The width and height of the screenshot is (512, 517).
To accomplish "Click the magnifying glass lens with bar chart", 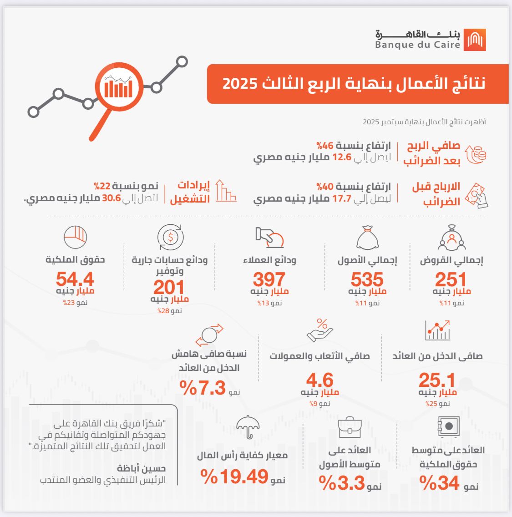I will coord(118,86).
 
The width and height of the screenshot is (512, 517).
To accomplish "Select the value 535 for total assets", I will coord(367,279).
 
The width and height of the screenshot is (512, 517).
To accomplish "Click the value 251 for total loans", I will coord(451,279).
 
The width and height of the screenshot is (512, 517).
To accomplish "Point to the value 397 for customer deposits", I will coord(269,279).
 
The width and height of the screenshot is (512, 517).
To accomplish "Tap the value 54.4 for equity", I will coord(75,279).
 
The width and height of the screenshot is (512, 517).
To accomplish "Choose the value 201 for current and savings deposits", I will coord(169,287).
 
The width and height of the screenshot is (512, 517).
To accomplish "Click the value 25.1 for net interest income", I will coord(437,380).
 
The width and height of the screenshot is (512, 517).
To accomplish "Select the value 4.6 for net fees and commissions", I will coord(319,380).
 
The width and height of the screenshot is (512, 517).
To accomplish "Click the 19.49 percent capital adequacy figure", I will coord(235,476).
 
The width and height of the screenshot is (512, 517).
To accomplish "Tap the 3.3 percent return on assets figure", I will coord(342,483).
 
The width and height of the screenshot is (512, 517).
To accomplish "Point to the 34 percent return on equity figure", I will coord(440,483).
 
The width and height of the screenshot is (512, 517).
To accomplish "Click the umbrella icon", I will coord(248,427).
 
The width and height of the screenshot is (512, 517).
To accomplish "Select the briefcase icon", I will coord(350,427).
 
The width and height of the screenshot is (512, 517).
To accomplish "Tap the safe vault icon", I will coord(448,426).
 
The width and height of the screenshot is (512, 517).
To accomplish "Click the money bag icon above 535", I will coord(367,237).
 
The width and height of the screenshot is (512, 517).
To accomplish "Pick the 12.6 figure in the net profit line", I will coord(342,157).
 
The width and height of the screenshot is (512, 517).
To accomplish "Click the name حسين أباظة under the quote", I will coord(142,468).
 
